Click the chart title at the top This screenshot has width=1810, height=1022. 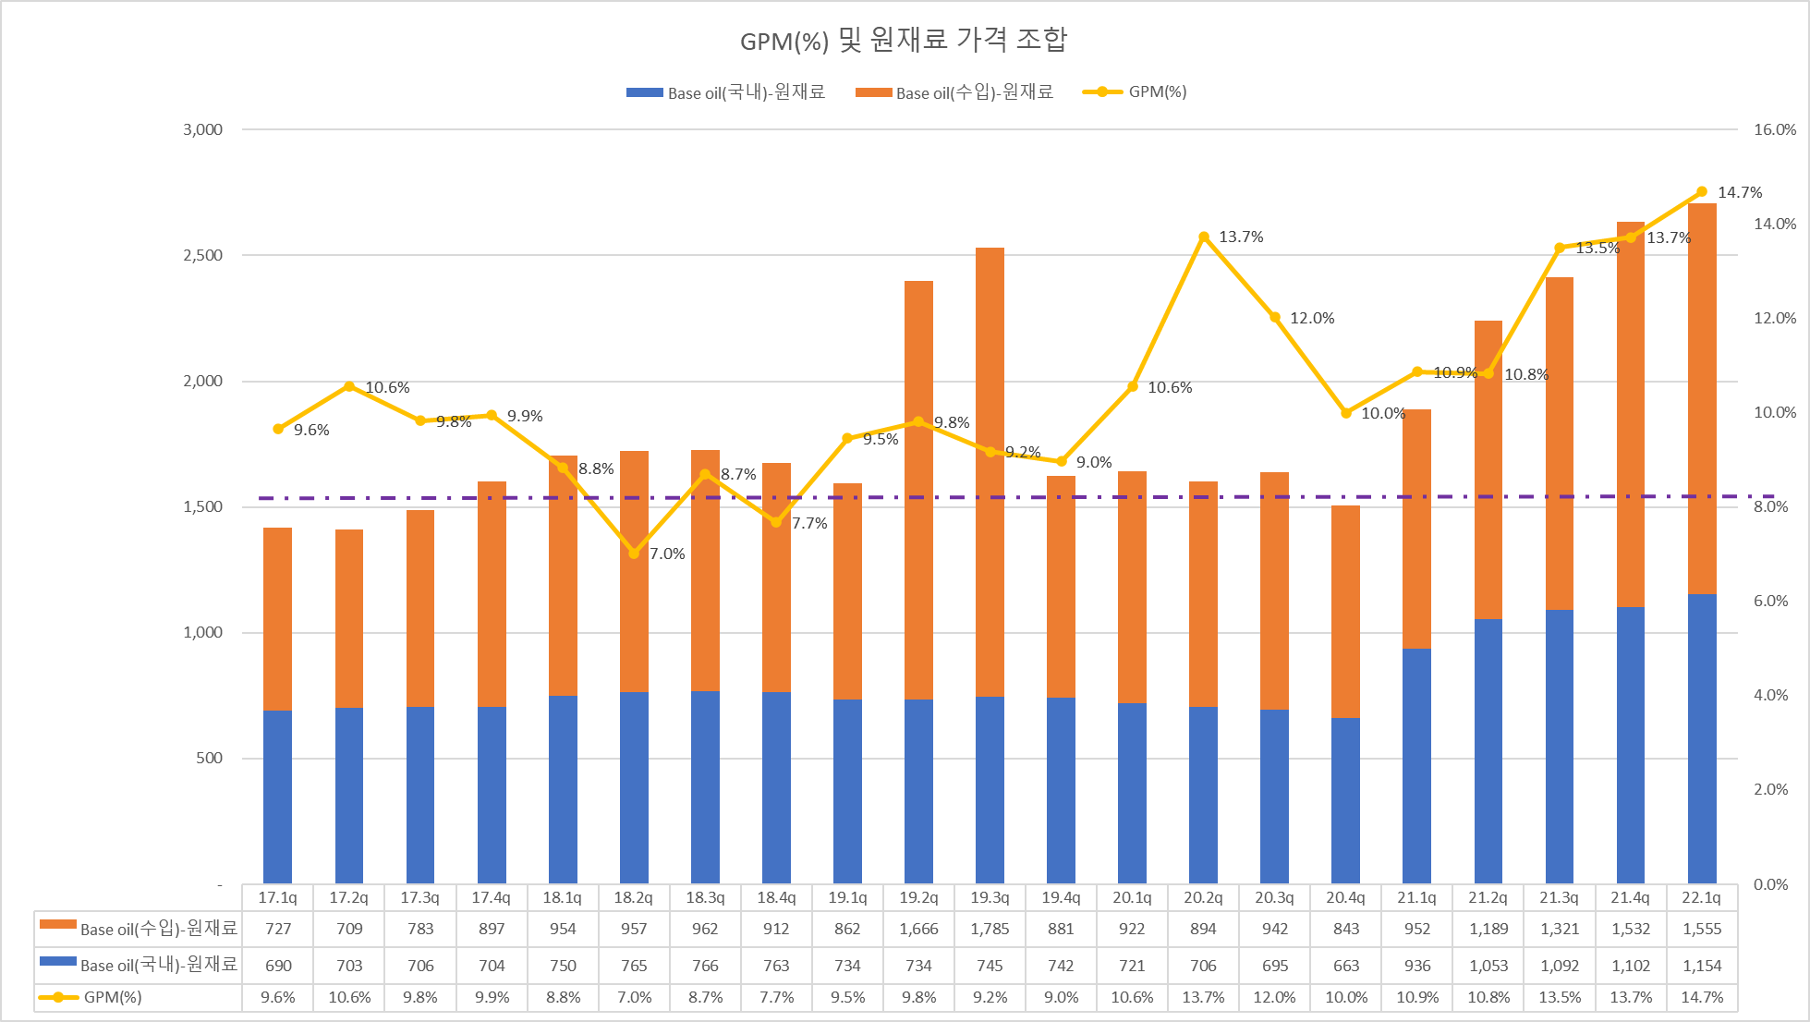904,40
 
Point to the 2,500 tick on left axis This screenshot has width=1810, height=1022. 203,255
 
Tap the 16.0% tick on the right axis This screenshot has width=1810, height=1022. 1774,129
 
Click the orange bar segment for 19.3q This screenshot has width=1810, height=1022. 990,471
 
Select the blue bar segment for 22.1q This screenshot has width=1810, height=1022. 1701,739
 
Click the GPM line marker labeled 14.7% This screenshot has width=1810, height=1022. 1702,192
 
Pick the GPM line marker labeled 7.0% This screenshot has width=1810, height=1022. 634,554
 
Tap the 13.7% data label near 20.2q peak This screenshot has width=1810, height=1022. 1241,237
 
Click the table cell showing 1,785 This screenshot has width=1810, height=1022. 990,929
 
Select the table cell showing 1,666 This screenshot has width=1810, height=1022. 918,929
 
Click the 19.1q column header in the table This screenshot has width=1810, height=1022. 847,897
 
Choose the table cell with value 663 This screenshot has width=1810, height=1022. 1346,966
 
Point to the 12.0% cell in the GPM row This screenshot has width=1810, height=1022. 1275,998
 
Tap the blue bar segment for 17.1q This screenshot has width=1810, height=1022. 277,797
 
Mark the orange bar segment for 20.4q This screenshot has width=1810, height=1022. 1345,612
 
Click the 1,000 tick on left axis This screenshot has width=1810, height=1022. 203,632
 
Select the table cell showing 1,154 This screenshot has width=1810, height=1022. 1702,966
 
